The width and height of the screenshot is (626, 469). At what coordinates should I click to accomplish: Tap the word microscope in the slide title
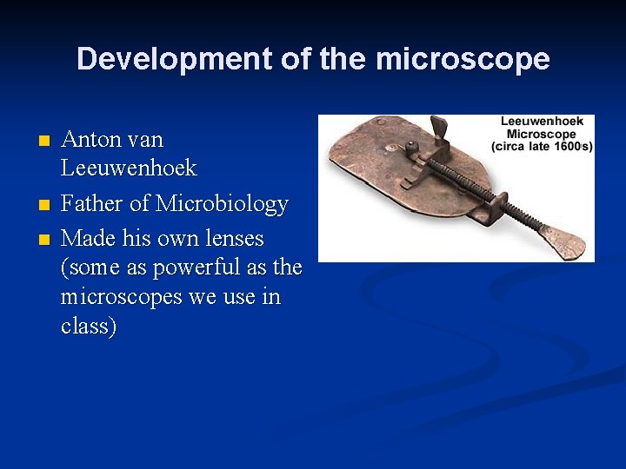point(463,59)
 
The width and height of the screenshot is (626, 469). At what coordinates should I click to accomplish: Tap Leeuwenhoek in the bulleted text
point(129,168)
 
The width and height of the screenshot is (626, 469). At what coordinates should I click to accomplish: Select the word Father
point(93,204)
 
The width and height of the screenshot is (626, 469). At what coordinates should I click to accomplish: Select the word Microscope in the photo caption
point(542,134)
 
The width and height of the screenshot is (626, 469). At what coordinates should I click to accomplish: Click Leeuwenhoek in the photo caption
point(542,122)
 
